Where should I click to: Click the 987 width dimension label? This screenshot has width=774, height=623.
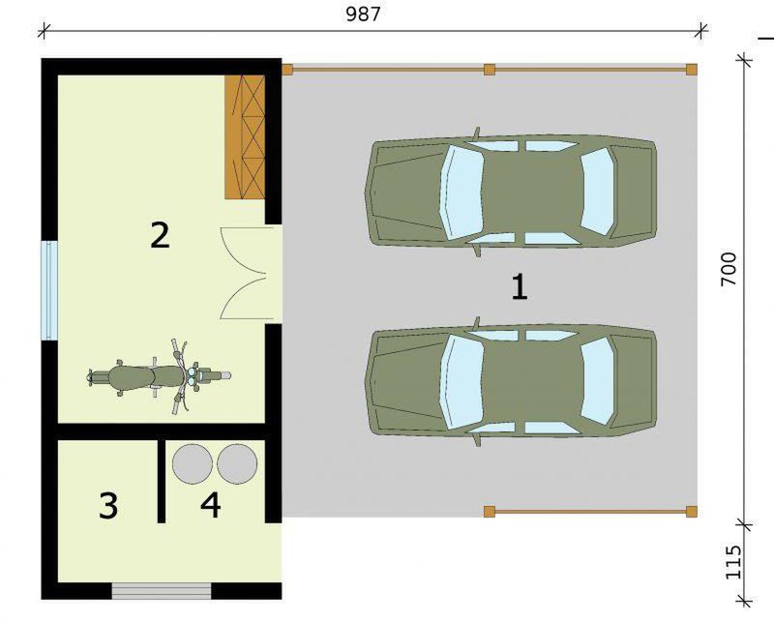pos(363,14)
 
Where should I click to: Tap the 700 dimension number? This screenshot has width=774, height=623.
pos(729,269)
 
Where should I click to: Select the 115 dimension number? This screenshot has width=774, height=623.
pos(733,562)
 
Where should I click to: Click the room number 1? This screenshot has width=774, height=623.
pos(520,287)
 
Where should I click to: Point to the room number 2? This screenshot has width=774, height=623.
pos(160,235)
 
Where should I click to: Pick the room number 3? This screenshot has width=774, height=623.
pos(108,505)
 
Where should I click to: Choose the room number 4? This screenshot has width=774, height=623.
pos(211,505)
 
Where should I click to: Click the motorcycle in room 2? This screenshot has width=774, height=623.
pos(159,376)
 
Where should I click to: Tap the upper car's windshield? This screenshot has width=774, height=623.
pos(461,191)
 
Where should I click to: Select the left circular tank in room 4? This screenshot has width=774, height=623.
pos(192,463)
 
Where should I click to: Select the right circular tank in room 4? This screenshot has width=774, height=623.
pos(237,463)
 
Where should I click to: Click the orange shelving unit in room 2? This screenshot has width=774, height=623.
pos(245,137)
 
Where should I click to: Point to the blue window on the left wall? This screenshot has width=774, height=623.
pos(49,290)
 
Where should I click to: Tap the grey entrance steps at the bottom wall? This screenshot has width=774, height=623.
pos(162,591)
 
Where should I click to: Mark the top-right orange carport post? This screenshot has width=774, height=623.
pos(692,69)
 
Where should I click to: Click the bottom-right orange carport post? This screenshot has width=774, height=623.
pos(692,512)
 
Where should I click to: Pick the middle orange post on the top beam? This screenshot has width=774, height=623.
pos(490,69)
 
